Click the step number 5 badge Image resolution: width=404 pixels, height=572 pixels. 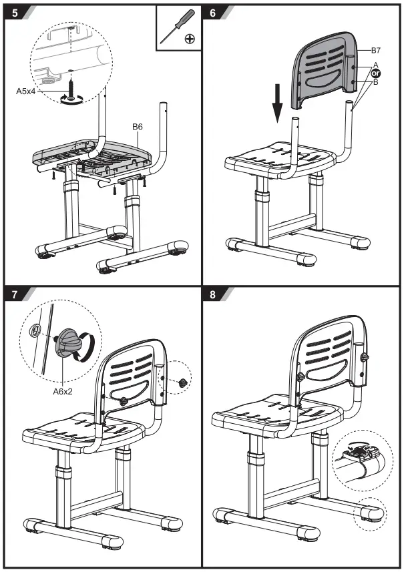click(14, 12)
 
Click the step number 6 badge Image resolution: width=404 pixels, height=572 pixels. click(212, 12)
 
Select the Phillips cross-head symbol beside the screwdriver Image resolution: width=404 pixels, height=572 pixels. click(190, 39)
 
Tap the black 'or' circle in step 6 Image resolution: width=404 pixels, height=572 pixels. click(375, 73)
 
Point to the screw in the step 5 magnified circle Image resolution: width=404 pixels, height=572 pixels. click(70, 86)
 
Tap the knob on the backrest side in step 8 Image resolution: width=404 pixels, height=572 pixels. click(365, 358)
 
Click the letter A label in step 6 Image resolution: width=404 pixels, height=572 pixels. click(375, 65)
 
